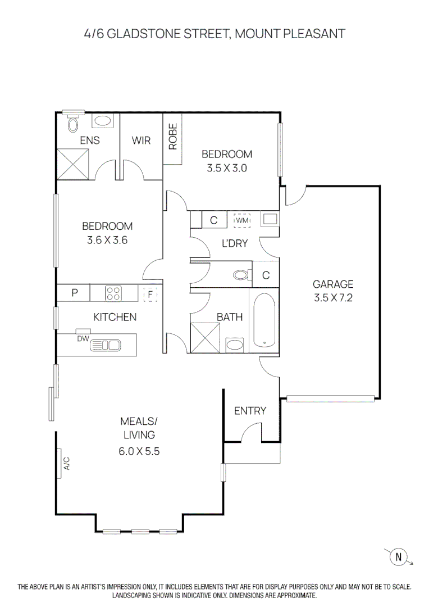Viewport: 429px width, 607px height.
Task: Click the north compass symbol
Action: tap(399, 557)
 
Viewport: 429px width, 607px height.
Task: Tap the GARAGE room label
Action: tap(332, 284)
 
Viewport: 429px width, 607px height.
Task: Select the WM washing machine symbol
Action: tap(242, 220)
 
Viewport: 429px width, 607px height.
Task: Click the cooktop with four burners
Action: tap(113, 293)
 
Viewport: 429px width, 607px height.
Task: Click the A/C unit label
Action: tap(66, 463)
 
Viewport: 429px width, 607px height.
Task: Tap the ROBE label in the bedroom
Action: tap(172, 137)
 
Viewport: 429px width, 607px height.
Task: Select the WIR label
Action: tap(141, 141)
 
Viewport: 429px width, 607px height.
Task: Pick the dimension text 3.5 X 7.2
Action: tap(332, 298)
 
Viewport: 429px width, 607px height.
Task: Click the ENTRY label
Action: tap(250, 411)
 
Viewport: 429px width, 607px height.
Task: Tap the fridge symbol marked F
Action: tap(150, 293)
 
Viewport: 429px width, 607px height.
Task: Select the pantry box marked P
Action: tap(75, 293)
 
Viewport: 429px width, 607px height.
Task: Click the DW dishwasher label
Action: tap(83, 338)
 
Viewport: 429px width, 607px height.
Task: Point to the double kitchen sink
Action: tap(106, 345)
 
